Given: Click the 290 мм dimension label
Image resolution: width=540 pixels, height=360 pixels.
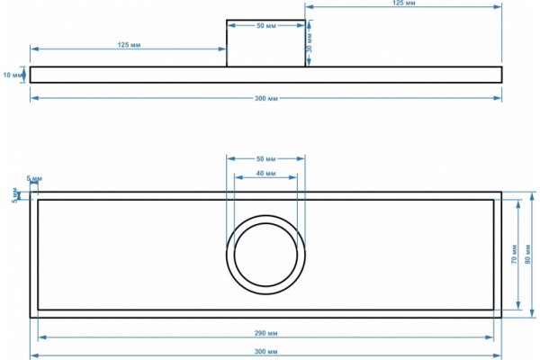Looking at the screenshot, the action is pyautogui.click(x=265, y=333).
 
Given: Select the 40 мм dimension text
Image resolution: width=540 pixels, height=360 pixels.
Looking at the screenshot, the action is pyautogui.click(x=265, y=174).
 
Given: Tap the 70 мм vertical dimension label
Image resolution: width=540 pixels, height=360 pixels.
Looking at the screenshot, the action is pyautogui.click(x=514, y=254).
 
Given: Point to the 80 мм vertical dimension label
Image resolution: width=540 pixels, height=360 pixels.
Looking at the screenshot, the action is pyautogui.click(x=528, y=254).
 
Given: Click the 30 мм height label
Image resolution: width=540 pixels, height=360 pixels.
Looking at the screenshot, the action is pyautogui.click(x=310, y=43).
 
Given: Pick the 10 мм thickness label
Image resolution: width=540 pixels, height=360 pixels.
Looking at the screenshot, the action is pyautogui.click(x=12, y=75).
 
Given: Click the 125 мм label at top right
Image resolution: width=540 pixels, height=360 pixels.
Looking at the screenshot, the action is pyautogui.click(x=403, y=3).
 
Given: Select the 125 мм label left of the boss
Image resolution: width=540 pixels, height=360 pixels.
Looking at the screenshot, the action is pyautogui.click(x=129, y=45).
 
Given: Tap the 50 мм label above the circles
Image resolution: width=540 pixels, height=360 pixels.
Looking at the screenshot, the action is pyautogui.click(x=265, y=158).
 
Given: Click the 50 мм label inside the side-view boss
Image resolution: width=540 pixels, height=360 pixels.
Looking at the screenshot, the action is pyautogui.click(x=266, y=26).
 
